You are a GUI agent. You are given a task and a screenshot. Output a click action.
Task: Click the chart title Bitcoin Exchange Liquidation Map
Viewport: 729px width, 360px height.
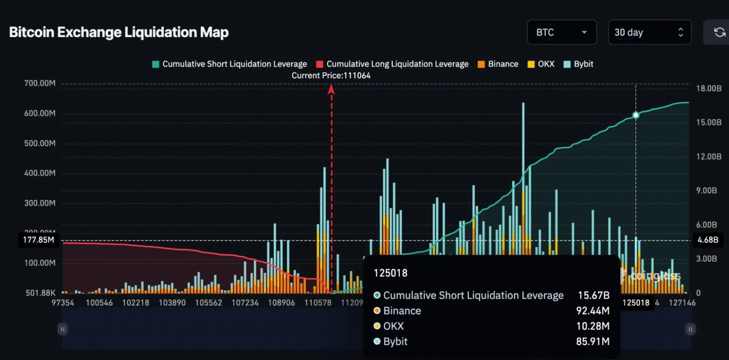click(x=119, y=32)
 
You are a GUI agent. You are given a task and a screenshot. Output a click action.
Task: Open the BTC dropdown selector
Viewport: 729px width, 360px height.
click(x=561, y=32)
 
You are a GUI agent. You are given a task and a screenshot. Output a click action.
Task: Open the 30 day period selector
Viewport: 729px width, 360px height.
click(x=649, y=32)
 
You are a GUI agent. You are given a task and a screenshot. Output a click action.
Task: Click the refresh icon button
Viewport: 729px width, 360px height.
click(x=719, y=32)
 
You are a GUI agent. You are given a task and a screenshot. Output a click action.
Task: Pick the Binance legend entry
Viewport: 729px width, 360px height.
click(x=498, y=64)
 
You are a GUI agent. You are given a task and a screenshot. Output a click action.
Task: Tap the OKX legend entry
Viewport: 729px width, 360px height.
click(x=541, y=64)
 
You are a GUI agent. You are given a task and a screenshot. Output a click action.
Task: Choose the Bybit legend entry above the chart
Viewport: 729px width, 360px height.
click(x=578, y=64)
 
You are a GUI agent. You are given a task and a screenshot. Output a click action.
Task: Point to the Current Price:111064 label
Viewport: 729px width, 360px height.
click(x=331, y=76)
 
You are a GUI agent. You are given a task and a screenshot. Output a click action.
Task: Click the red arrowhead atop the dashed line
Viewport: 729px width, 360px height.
click(x=331, y=89)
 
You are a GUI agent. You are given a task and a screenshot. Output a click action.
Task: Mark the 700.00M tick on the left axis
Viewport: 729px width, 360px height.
click(x=39, y=84)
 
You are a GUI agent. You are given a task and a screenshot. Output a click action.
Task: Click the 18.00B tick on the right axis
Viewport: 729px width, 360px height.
click(x=709, y=88)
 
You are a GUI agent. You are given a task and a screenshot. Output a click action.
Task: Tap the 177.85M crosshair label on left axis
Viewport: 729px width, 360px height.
click(x=38, y=240)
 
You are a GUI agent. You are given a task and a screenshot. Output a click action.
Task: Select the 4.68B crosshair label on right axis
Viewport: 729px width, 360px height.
click(x=708, y=240)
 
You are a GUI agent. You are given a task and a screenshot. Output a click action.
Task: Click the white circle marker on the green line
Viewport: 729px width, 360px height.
click(x=636, y=115)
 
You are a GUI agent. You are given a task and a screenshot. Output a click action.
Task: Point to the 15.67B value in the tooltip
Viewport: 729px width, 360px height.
click(x=593, y=295)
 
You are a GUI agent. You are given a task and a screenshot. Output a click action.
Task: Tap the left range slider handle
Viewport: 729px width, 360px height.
click(x=63, y=329)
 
